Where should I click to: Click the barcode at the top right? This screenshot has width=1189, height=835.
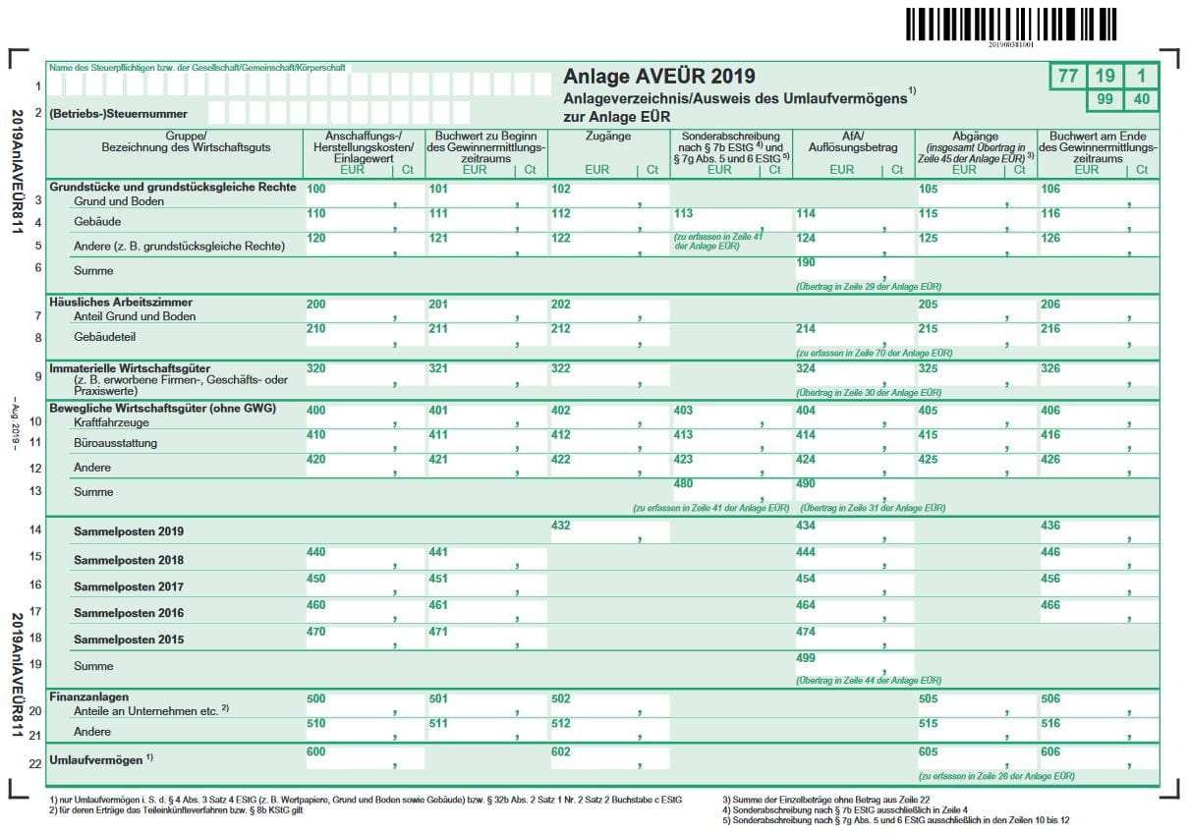pos(1011,24)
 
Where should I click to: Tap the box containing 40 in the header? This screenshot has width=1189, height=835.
pos(1141,100)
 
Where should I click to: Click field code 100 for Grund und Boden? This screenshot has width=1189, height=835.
pos(316,189)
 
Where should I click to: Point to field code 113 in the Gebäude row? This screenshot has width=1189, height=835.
pos(684,213)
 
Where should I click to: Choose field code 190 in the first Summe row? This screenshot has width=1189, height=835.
pos(806,263)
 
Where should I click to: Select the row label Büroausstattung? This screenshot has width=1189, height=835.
pos(116,443)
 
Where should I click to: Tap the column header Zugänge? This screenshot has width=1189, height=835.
pos(607,137)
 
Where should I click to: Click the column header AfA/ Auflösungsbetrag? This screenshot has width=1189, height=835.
pos(853,141)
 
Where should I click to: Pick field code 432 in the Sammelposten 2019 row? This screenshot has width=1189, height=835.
pos(561,527)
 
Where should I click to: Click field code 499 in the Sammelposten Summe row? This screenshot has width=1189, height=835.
pos(806,658)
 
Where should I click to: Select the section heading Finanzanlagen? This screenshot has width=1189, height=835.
pos(89,696)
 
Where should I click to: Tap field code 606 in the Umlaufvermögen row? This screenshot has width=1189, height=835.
pos(1050,751)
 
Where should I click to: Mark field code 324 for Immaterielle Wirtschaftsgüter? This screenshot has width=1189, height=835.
pos(806,368)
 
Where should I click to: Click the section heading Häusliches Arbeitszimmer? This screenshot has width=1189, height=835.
pos(121,303)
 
